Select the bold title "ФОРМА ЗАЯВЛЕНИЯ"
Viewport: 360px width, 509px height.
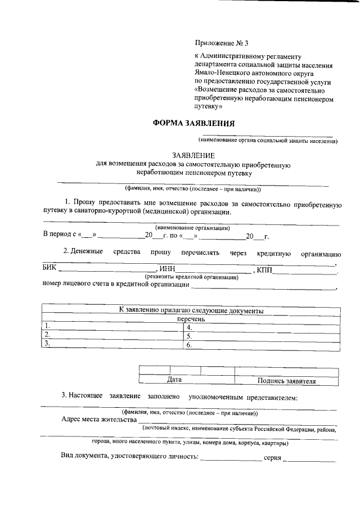(194, 123)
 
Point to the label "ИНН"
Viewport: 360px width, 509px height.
(168, 271)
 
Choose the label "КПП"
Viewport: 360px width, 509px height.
(264, 271)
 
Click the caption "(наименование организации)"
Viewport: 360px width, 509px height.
(192, 228)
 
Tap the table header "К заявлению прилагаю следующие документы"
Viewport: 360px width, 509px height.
(191, 310)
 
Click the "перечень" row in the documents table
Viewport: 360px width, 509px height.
(191, 319)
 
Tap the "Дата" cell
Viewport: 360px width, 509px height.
(174, 380)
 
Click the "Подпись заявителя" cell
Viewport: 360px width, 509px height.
(286, 381)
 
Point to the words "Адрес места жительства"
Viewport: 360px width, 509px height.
(99, 420)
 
